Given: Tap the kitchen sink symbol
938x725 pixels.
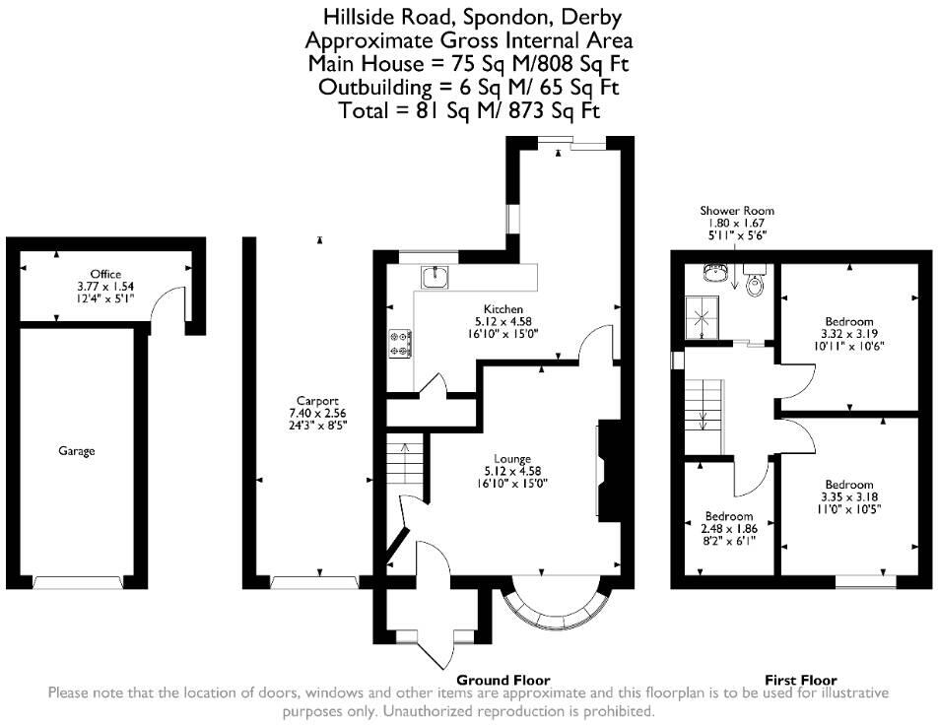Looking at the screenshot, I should [435, 277].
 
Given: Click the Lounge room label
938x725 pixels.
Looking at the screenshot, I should [512, 458].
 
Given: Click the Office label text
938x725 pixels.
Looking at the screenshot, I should [105, 274].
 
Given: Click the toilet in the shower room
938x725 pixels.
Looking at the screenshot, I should [756, 286].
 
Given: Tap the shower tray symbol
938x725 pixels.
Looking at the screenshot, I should [704, 316].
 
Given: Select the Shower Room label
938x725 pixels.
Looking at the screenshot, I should [737, 211].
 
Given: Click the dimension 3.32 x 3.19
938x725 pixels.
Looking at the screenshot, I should [849, 334].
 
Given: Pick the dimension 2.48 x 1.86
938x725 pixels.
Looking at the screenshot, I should [729, 529].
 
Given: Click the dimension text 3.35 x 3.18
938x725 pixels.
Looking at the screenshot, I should [848, 496].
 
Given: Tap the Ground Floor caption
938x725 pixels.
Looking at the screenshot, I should [502, 680].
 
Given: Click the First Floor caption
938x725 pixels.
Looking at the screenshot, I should [801, 680].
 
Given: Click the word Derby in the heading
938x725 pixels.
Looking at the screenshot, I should [594, 17].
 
